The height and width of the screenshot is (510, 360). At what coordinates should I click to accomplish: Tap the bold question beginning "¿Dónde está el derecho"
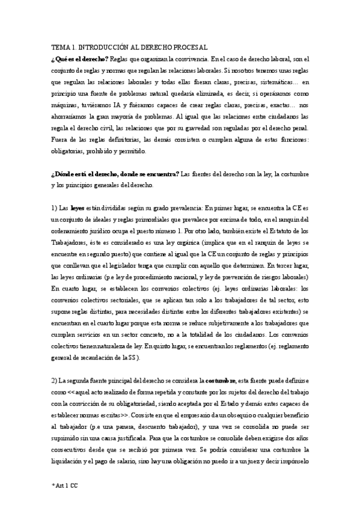click(x=115, y=174)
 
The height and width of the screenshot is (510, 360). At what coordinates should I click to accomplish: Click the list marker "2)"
click(x=54, y=381)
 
